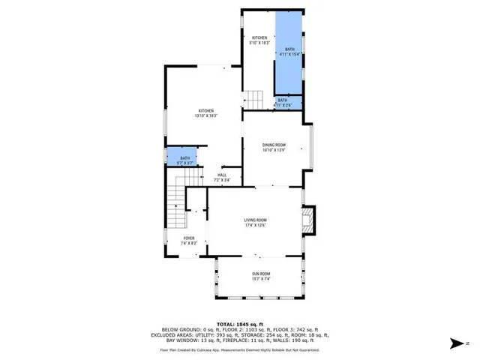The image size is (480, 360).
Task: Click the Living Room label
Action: tap(255, 219)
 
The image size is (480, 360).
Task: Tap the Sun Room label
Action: tap(260, 274)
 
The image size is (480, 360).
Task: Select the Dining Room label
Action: tap(274, 145)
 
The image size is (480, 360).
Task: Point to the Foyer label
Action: tap(189, 238)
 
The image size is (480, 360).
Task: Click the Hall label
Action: tap(222, 175)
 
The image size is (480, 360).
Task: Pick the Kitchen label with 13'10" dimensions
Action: tap(206, 110)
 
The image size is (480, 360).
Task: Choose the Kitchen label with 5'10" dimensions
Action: tap(259, 37)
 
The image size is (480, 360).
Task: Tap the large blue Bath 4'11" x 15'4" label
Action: tap(289, 49)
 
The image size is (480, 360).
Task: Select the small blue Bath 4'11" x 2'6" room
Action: tap(285, 102)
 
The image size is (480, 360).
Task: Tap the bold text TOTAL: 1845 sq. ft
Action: tap(239, 323)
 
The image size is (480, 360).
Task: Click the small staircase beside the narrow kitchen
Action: tap(256, 98)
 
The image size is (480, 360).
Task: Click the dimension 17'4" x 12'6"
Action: tap(255, 225)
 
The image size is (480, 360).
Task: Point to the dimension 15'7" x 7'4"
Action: tap(260, 279)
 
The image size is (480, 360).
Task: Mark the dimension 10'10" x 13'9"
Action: tap(274, 150)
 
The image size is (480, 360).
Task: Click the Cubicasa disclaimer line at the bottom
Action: tap(239, 349)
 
